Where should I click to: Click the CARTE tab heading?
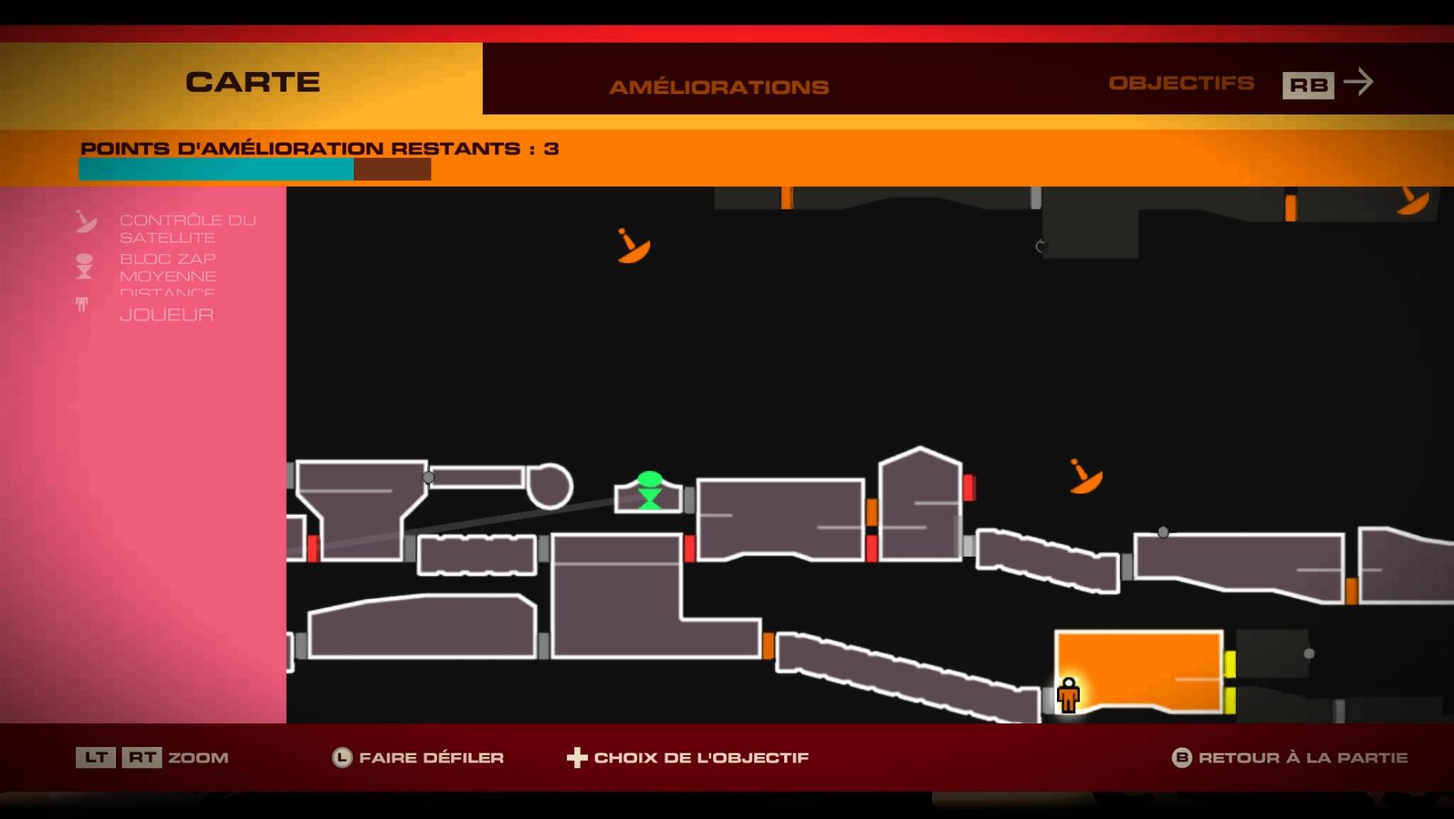tap(252, 83)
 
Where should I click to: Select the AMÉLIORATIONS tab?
tap(719, 87)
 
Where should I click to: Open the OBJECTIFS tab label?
tap(1181, 83)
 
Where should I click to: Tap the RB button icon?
tap(1308, 85)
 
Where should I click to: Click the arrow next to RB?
tap(1359, 82)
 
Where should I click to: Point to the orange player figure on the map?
tap(1068, 696)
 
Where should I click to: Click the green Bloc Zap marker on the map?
tap(649, 490)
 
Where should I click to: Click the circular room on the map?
tap(550, 486)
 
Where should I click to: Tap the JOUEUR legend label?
tap(167, 315)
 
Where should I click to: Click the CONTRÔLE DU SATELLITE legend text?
tap(187, 229)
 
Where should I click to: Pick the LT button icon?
tap(96, 758)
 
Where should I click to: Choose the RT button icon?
tap(142, 758)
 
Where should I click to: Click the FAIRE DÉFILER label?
tap(431, 758)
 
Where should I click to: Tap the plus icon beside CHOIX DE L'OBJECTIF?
tap(577, 758)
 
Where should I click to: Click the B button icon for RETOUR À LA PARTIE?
tap(1181, 758)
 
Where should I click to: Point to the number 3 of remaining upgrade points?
tap(551, 149)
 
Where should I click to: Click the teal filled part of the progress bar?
tap(216, 169)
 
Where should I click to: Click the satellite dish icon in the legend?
tap(86, 222)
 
